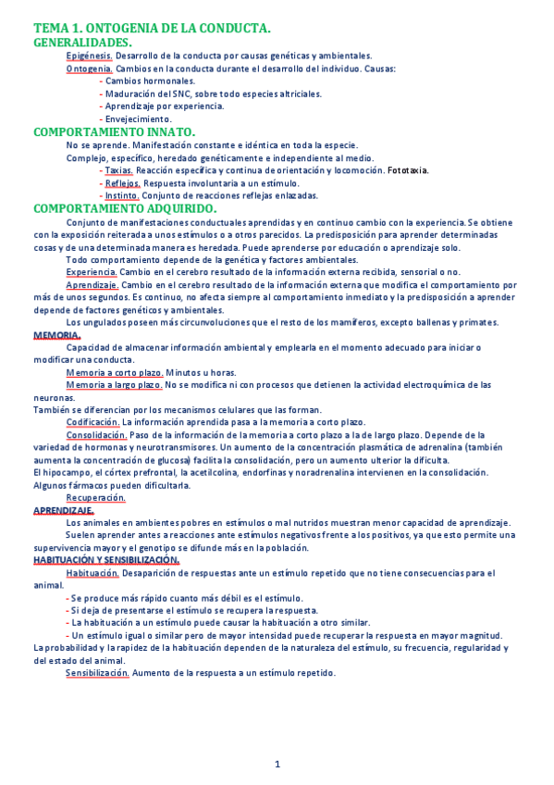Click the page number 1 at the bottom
[277, 764]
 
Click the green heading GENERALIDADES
[81, 43]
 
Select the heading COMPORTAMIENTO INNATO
[114, 132]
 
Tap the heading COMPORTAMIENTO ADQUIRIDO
[125, 209]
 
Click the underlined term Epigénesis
[89, 56]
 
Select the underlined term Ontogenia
[90, 69]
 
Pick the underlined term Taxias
[118, 170]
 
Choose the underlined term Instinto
[121, 195]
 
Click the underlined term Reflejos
[122, 183]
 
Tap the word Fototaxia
[408, 170]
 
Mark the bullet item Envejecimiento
[138, 119]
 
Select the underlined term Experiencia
[91, 272]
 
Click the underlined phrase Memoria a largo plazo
[115, 384]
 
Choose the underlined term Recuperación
[95, 498]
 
